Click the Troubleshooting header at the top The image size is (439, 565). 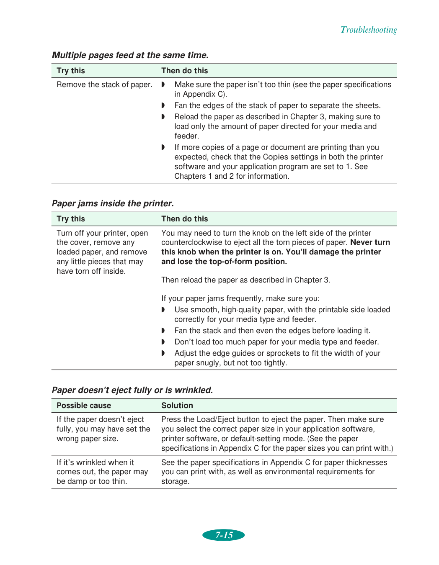point(369,30)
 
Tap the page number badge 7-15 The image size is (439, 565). point(224,535)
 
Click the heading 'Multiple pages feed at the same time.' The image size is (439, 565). point(130,55)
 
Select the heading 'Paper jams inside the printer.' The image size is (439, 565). point(113,203)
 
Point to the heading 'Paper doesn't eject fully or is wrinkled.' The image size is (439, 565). point(132,390)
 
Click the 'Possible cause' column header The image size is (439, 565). point(84,406)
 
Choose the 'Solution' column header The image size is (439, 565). point(177,406)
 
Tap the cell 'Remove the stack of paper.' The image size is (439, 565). point(104,85)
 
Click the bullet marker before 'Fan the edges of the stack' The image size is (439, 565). point(163,105)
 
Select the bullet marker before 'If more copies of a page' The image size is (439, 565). point(163,147)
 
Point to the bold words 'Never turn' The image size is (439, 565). point(370,242)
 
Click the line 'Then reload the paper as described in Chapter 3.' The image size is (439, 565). point(246,280)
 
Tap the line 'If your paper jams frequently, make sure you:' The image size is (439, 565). point(240,298)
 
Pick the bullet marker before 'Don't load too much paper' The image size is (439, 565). point(163,342)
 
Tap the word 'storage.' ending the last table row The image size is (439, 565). point(176,481)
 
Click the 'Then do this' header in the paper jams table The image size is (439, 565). point(185,219)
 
